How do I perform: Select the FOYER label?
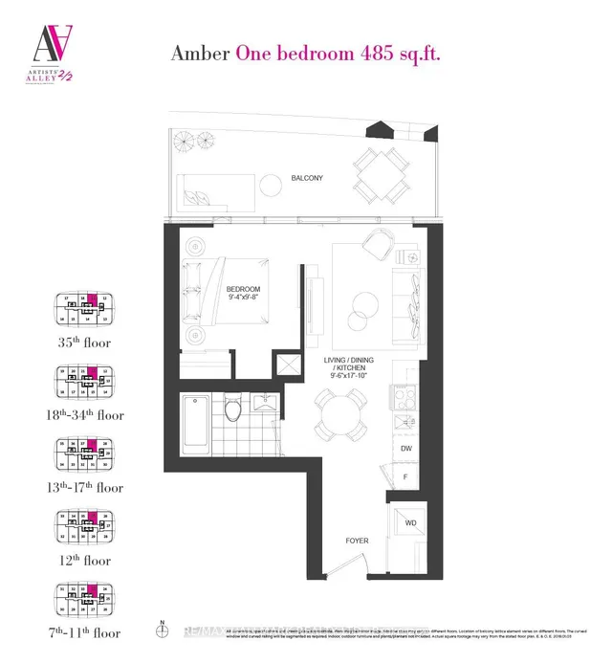[358, 541]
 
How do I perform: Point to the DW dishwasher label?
[405, 449]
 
